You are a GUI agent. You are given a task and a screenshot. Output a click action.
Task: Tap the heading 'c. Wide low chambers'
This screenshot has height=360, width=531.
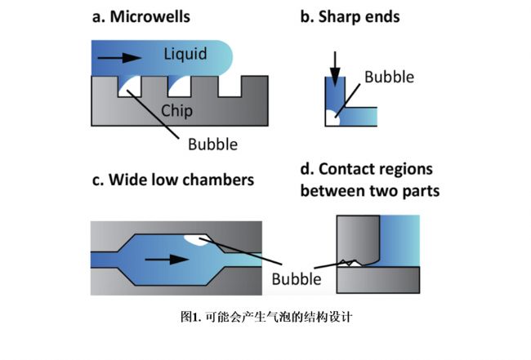[x=172, y=180]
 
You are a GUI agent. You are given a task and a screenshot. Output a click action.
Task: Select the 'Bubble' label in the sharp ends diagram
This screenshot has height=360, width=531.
[x=389, y=78]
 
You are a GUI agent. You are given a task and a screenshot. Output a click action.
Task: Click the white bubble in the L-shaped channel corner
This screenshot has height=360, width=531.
[x=330, y=118]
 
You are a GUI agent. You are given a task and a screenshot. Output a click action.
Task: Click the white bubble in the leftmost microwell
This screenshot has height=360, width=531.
[x=127, y=88]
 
